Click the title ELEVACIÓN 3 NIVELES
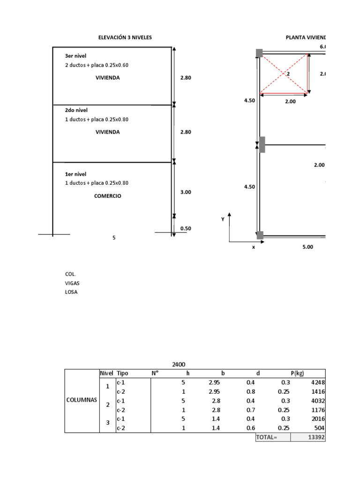tap(125, 37)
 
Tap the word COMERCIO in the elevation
tap(107, 196)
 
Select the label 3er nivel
tap(75, 56)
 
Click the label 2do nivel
tap(76, 110)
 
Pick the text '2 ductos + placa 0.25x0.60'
tap(97, 65)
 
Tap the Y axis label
tap(223, 219)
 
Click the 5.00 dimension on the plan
tap(307, 247)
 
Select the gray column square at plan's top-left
tap(259, 53)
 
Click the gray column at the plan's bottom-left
tap(259, 235)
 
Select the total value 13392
tap(316, 437)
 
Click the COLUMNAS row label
tap(82, 400)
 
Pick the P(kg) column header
tap(297, 373)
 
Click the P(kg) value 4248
tap(317, 382)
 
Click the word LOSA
tap(71, 292)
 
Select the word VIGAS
tap(72, 283)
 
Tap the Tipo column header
tap(122, 373)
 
